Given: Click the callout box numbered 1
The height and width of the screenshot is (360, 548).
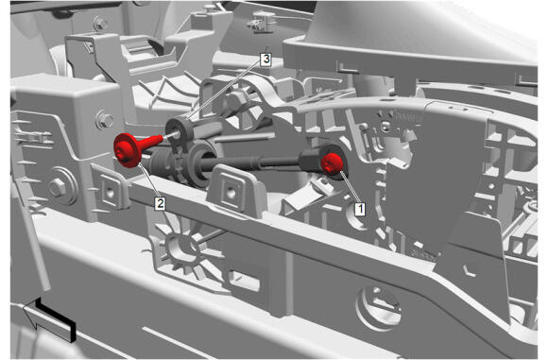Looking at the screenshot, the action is click(x=360, y=209).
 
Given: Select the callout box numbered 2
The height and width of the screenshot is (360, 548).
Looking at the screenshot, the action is click(x=160, y=203).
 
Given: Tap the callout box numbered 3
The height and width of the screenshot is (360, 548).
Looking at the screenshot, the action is click(x=266, y=60).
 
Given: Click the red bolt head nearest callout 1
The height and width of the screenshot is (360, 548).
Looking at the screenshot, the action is click(x=332, y=163).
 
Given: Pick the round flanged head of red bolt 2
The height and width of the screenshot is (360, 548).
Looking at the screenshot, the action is click(x=128, y=150).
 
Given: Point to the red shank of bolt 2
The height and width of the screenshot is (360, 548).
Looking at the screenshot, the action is click(x=151, y=142).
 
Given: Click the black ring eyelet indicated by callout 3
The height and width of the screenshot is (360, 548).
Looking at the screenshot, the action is click(x=179, y=132).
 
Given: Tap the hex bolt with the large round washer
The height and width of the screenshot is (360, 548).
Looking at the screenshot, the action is click(x=58, y=187).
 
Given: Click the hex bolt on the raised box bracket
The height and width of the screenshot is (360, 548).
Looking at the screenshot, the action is click(x=104, y=120).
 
